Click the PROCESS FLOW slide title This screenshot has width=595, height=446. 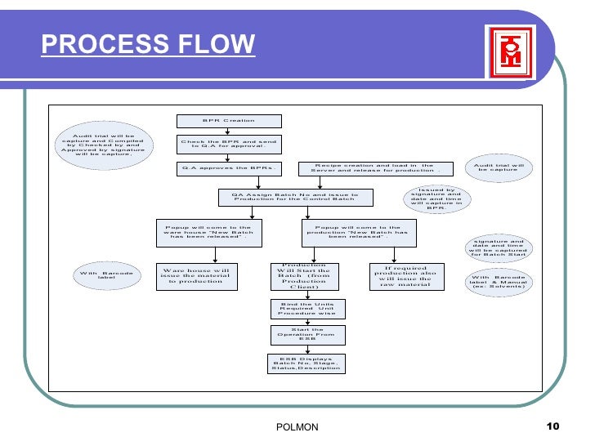149,44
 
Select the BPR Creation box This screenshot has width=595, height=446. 229,121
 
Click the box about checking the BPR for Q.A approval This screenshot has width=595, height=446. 229,145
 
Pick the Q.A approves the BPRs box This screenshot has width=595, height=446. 229,169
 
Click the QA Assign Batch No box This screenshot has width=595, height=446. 295,198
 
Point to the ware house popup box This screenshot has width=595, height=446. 208,232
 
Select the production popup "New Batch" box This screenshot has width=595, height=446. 358,232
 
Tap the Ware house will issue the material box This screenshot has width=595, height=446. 195,276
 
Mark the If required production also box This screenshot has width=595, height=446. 405,276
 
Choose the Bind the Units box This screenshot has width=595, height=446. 307,308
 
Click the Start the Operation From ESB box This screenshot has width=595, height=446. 307,334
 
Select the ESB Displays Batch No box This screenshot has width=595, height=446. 307,363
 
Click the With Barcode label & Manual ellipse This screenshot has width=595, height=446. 498,282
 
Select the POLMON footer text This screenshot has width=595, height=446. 298,428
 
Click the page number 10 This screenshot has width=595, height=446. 552,427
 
